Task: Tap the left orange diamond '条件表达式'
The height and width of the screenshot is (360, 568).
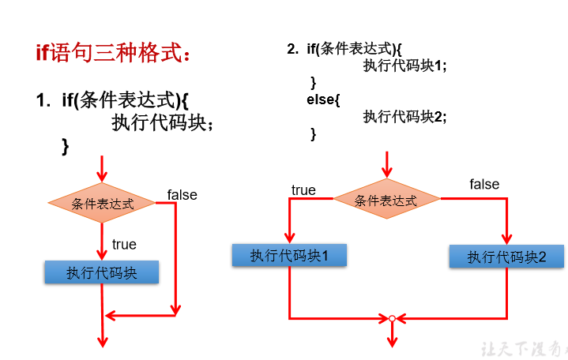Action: coord(102,203)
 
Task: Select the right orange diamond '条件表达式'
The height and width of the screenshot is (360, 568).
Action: coord(386,200)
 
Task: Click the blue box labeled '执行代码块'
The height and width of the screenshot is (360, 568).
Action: coord(102,272)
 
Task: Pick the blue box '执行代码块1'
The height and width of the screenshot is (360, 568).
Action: coord(290,255)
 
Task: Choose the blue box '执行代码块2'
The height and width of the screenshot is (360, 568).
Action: coord(507,257)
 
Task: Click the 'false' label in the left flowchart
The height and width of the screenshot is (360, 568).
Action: coord(182,195)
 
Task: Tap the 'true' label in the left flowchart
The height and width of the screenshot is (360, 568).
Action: coord(124,244)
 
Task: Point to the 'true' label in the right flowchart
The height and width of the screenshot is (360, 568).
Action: coord(303,190)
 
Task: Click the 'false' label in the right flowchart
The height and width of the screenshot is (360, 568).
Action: coord(484,185)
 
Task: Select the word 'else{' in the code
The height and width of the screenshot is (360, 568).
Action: coord(323,99)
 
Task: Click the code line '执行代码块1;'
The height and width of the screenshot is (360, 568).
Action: coord(404,66)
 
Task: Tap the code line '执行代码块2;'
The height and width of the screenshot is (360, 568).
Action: coord(404,117)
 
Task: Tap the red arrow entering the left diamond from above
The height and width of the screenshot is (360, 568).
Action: coord(101,168)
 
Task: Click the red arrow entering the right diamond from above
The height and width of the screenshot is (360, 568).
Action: coord(386,164)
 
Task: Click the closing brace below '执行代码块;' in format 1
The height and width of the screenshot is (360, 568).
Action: coord(66,146)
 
